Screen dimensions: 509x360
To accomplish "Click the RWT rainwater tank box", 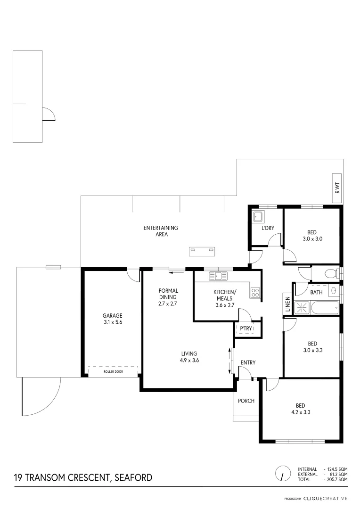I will [x=337, y=189].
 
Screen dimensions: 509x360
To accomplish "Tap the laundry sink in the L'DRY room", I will [x=258, y=217].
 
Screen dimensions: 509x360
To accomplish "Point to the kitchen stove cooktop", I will [x=255, y=293].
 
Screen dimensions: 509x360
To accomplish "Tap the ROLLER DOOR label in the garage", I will [x=113, y=372].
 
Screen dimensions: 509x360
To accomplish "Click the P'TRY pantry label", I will [x=245, y=328].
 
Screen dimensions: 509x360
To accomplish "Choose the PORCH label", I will [x=246, y=401].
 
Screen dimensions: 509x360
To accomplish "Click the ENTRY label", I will [x=248, y=362].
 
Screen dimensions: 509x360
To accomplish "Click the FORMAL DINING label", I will [x=168, y=294].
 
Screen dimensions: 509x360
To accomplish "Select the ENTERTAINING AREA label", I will [x=161, y=231].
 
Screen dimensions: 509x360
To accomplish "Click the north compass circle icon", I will [x=283, y=473].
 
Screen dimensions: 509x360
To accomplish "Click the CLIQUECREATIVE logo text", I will [x=325, y=499].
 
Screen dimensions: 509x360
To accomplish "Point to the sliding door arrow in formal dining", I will [x=178, y=271].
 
